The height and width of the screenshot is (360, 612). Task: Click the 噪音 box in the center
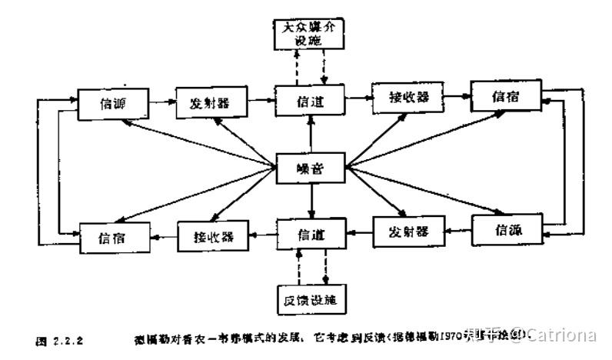(311, 167)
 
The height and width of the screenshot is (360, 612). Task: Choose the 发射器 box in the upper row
(205, 103)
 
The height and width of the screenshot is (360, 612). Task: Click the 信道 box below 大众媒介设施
(311, 101)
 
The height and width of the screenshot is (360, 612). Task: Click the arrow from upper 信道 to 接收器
(358, 98)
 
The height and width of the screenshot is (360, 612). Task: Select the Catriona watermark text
(565, 335)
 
